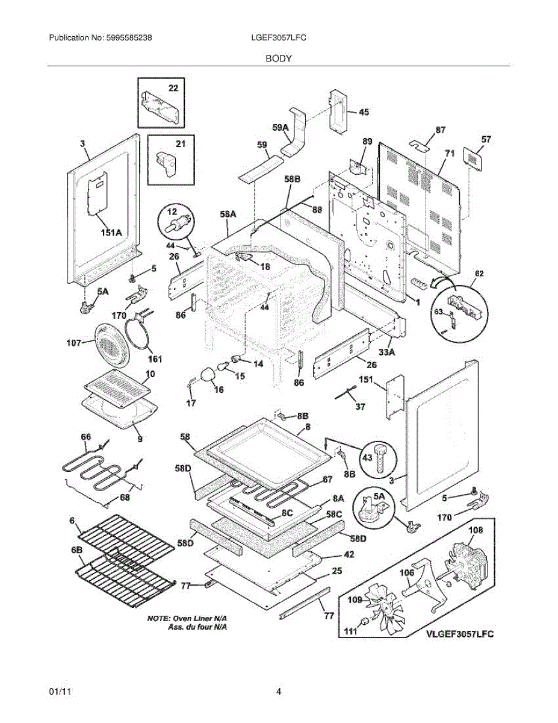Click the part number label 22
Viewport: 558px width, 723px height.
tap(173, 88)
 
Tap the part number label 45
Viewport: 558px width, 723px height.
tap(364, 112)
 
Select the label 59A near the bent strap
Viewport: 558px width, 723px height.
tap(281, 127)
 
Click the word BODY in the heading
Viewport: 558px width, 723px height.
tap(279, 58)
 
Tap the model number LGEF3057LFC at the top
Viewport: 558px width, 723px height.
tap(279, 37)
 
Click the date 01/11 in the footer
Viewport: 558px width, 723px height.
tap(58, 692)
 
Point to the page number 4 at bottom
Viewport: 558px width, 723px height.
tap(279, 692)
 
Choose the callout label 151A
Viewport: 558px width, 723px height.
tap(110, 232)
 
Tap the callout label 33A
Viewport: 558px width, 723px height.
tap(385, 351)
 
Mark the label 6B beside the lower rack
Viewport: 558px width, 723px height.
tap(78, 550)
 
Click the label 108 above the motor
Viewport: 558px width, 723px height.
tap(476, 530)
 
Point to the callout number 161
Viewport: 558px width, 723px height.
tap(155, 359)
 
